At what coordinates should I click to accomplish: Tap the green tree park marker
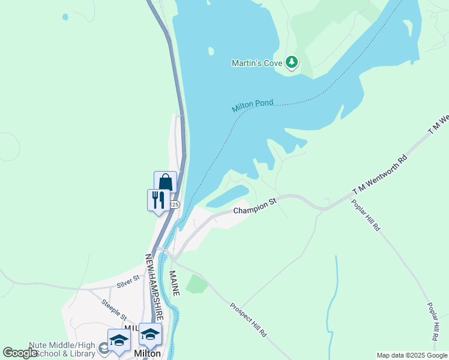pyautogui.click(x=291, y=62)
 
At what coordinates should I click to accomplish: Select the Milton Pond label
pyautogui.click(x=253, y=106)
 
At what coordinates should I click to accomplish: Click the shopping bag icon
pyautogui.click(x=165, y=182)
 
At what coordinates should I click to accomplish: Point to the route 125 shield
pyautogui.click(x=175, y=205)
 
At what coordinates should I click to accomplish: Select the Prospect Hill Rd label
pyautogui.click(x=249, y=319)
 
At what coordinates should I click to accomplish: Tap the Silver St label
pyautogui.click(x=128, y=279)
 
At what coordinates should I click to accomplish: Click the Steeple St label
pyautogui.click(x=114, y=309)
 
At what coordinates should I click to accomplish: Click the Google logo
pyautogui.click(x=20, y=353)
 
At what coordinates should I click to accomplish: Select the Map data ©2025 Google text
pyautogui.click(x=412, y=355)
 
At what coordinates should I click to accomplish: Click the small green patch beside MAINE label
pyautogui.click(x=197, y=283)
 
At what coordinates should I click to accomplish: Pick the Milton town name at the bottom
pyautogui.click(x=147, y=353)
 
